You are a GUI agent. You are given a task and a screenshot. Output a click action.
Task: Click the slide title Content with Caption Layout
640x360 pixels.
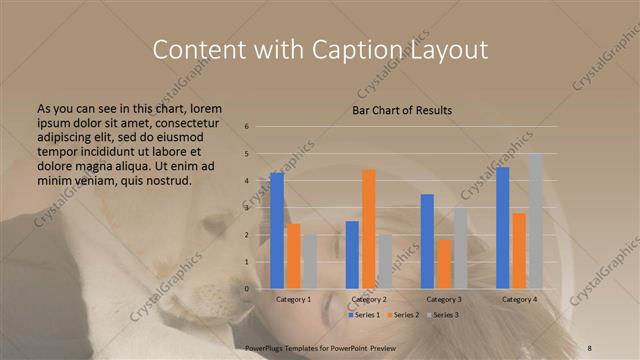click(x=319, y=49)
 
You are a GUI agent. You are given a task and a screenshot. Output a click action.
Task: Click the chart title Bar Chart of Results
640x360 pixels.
click(x=402, y=110)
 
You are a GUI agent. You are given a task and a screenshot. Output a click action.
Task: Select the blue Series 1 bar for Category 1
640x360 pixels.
click(x=277, y=230)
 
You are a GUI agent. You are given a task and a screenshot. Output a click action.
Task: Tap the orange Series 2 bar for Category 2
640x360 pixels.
click(x=368, y=228)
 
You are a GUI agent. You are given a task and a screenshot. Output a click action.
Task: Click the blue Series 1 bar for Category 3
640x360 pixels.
click(x=427, y=241)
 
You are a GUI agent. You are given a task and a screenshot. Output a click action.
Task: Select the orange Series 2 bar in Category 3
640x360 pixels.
click(x=444, y=263)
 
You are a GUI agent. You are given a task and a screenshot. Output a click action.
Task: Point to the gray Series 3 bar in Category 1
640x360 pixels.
click(x=309, y=261)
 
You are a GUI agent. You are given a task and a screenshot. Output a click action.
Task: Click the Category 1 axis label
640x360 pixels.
click(x=293, y=299)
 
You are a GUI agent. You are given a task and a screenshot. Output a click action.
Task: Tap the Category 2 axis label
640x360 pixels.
click(x=368, y=299)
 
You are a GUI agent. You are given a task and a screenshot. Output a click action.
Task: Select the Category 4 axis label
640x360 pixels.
click(x=519, y=299)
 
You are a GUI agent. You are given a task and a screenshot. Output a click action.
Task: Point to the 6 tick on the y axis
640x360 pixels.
click(x=247, y=127)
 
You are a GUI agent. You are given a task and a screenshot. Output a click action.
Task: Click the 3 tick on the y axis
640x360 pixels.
click(x=247, y=208)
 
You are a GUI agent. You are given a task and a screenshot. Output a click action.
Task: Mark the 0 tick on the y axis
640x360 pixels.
click(x=247, y=289)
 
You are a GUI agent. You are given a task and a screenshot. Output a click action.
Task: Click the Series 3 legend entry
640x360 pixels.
click(x=442, y=315)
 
